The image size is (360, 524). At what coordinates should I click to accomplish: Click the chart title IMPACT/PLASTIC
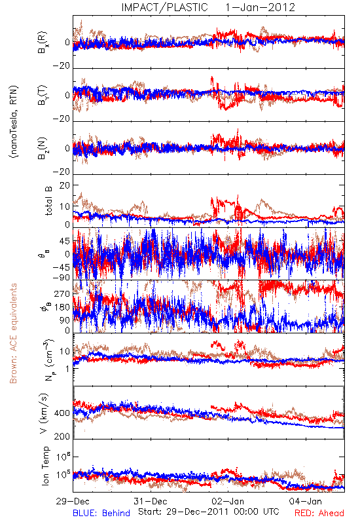(x=165, y=7)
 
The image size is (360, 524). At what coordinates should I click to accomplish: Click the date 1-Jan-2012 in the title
(x=261, y=7)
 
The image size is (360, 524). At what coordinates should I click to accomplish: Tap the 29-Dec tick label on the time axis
(x=73, y=501)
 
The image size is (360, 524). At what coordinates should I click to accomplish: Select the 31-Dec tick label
(x=151, y=501)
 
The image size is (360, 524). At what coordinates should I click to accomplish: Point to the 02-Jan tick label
(x=228, y=501)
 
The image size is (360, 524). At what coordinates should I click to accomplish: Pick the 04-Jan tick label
(x=306, y=501)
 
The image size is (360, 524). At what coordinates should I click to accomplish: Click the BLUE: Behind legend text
(x=101, y=513)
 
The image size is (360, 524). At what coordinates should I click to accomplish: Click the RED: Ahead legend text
(x=319, y=513)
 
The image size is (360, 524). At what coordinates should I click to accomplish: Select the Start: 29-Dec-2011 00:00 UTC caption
(x=209, y=512)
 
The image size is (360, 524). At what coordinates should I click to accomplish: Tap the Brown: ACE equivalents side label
(x=13, y=333)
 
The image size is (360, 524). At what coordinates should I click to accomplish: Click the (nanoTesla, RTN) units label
(x=14, y=122)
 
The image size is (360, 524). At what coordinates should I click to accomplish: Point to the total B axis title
(x=48, y=201)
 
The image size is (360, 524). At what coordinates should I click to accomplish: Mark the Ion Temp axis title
(x=45, y=466)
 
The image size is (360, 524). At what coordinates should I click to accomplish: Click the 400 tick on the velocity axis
(x=62, y=413)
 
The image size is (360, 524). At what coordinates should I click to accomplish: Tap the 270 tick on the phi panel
(x=62, y=293)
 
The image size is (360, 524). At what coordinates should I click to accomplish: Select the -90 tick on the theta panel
(x=62, y=278)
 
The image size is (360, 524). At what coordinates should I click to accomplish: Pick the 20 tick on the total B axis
(x=65, y=185)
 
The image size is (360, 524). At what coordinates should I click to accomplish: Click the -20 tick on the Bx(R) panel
(x=62, y=65)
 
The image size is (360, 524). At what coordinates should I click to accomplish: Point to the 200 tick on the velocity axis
(x=62, y=436)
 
